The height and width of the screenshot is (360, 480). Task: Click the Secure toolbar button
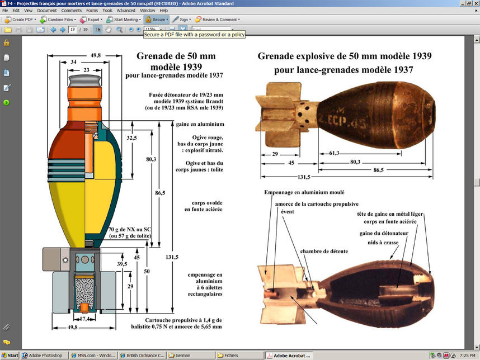coord(156,20)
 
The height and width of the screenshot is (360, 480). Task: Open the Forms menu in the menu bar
coord(92,11)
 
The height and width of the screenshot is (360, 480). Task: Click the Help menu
coord(163,11)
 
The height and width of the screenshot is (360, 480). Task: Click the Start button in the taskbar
coord(10,356)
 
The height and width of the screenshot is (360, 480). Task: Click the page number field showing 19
coord(73,29)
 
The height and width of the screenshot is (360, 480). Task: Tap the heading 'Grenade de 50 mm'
coord(176,56)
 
